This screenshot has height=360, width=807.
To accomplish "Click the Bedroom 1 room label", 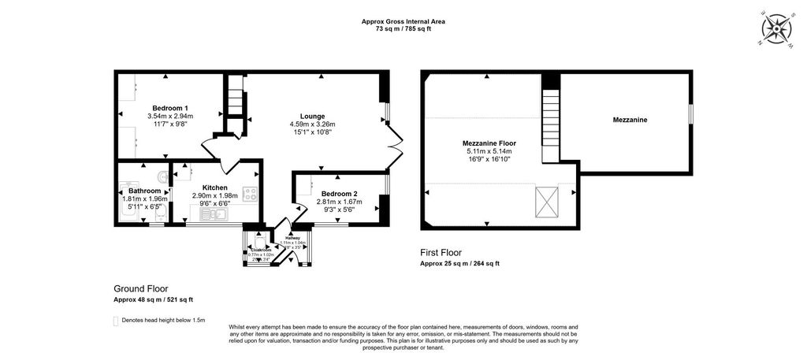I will [170, 108].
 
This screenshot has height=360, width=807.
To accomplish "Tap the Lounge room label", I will [312, 117].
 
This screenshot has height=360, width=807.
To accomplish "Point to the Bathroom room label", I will [145, 191].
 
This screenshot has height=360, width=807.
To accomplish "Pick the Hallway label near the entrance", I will [293, 237].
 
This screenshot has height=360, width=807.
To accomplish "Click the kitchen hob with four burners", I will [251, 195].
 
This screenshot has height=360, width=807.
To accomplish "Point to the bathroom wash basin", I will [162, 176].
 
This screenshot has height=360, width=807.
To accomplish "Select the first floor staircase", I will [552, 118].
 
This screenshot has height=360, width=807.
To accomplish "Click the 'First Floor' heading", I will [441, 253].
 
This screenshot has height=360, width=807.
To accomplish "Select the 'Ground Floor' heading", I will [141, 289].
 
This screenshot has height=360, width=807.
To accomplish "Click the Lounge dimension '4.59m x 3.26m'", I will [312, 124].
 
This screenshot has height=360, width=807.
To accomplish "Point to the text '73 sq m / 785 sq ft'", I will [403, 29].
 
